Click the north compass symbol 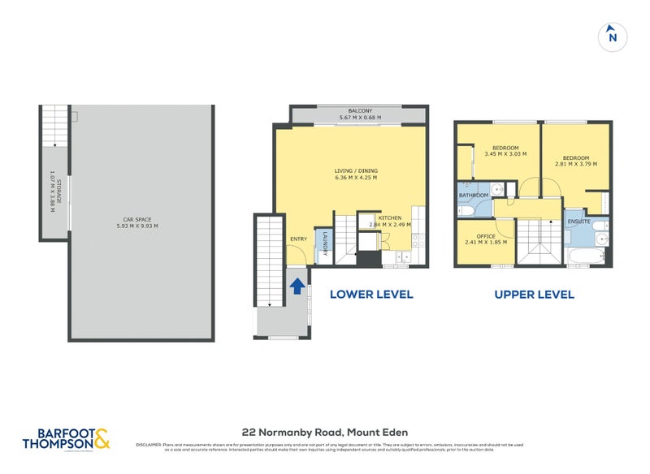point(613,37)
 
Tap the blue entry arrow point(297,286)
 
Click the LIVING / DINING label point(356,170)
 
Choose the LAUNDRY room point(323,244)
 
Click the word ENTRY point(298,239)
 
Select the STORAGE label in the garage point(54,191)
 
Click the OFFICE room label point(486,236)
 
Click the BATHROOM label point(473,196)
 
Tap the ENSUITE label point(578,220)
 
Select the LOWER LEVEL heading point(371,294)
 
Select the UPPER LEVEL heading point(534,294)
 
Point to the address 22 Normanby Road point(325,433)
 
